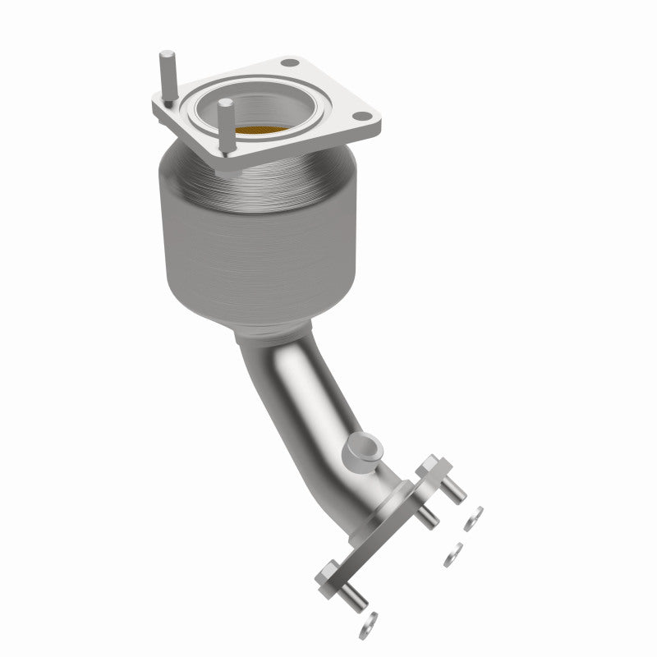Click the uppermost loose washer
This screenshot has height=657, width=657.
(x=474, y=518)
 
